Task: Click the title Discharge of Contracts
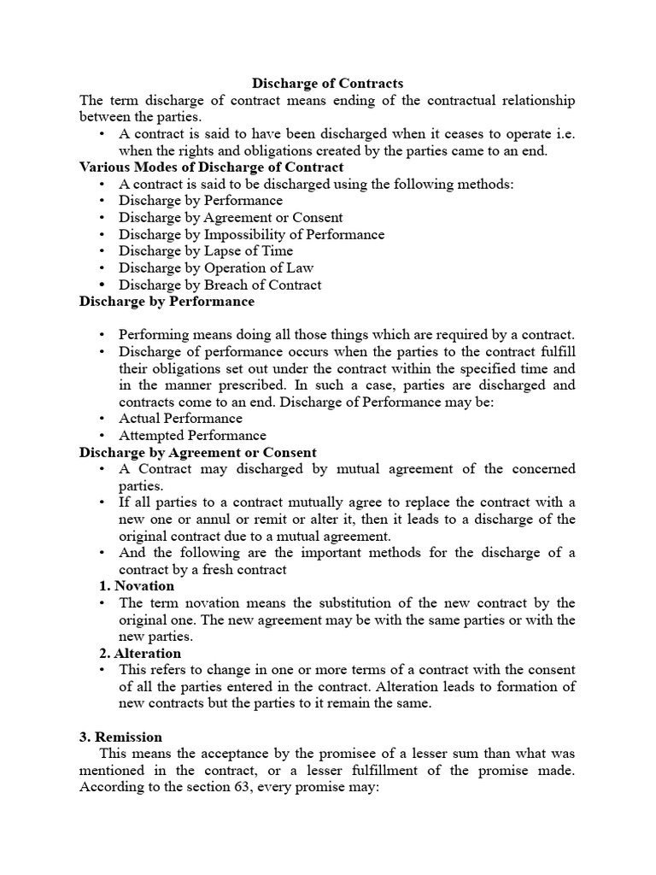(x=328, y=83)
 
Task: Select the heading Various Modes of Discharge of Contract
(x=211, y=167)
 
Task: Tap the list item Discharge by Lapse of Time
(x=206, y=251)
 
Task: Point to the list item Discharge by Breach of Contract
(x=220, y=285)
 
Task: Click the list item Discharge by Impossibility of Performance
(x=252, y=234)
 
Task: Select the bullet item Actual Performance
(x=180, y=419)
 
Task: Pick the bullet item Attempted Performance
(x=192, y=436)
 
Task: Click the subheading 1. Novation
(x=138, y=586)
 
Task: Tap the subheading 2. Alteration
(x=141, y=654)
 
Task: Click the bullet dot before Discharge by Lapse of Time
(x=102, y=251)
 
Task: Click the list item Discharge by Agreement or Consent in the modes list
(x=231, y=218)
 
